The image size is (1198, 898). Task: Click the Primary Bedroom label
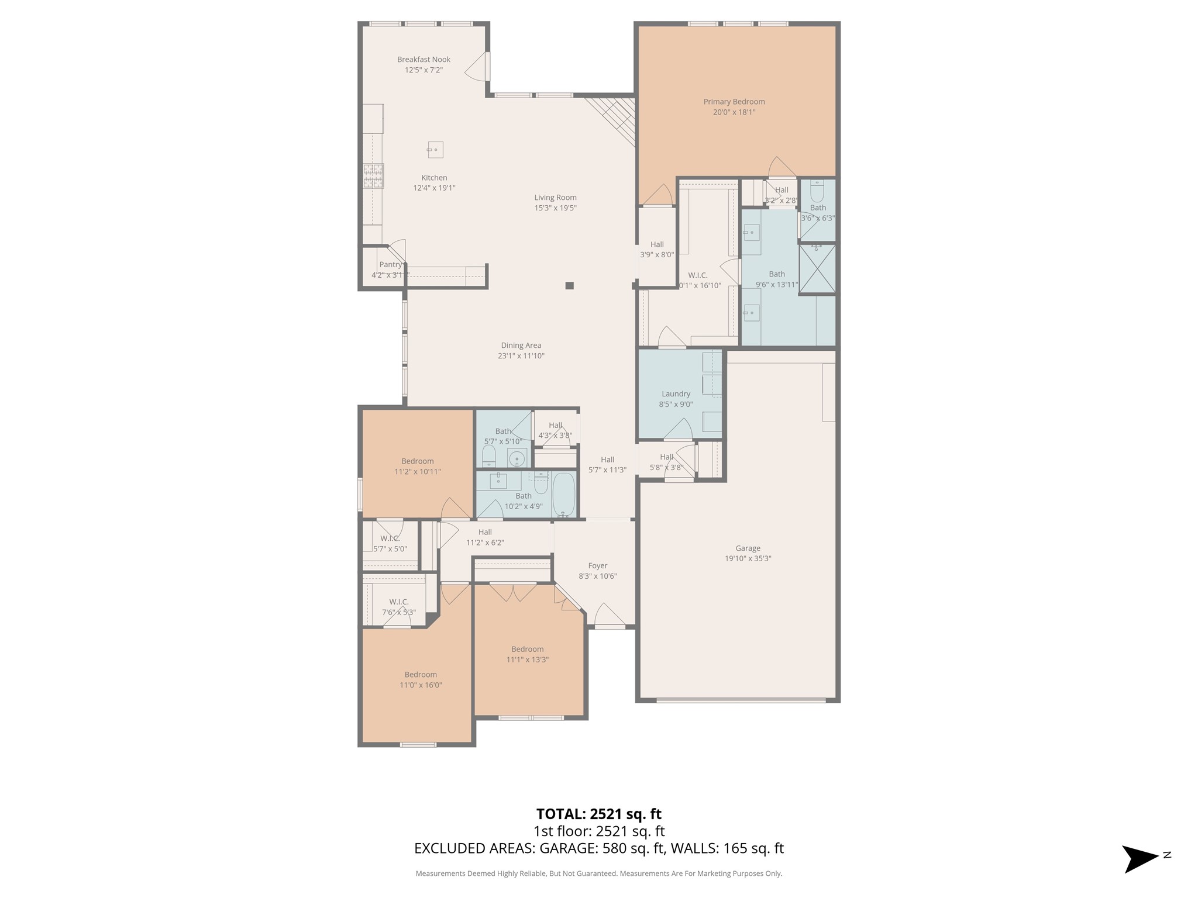click(734, 102)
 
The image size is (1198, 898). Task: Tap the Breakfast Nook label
click(424, 60)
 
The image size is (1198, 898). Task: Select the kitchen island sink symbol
click(435, 150)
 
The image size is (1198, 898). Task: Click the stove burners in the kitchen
click(373, 176)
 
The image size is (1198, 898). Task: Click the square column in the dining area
click(569, 286)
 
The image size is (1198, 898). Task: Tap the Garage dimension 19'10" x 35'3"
click(748, 558)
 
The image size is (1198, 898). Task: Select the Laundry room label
click(676, 394)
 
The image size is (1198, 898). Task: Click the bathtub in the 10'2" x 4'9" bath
click(564, 495)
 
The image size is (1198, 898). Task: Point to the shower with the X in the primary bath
click(817, 268)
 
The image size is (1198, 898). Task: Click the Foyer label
click(597, 566)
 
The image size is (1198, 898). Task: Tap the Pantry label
click(390, 265)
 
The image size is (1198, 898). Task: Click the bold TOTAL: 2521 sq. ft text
click(598, 814)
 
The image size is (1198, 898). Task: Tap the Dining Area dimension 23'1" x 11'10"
click(521, 356)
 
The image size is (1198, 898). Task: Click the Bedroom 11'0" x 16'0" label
click(421, 675)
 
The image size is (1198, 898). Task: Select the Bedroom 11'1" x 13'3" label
click(527, 649)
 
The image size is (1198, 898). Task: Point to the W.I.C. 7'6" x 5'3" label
click(398, 602)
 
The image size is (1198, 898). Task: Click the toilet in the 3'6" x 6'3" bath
click(817, 191)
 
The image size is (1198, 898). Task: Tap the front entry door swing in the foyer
click(608, 616)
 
